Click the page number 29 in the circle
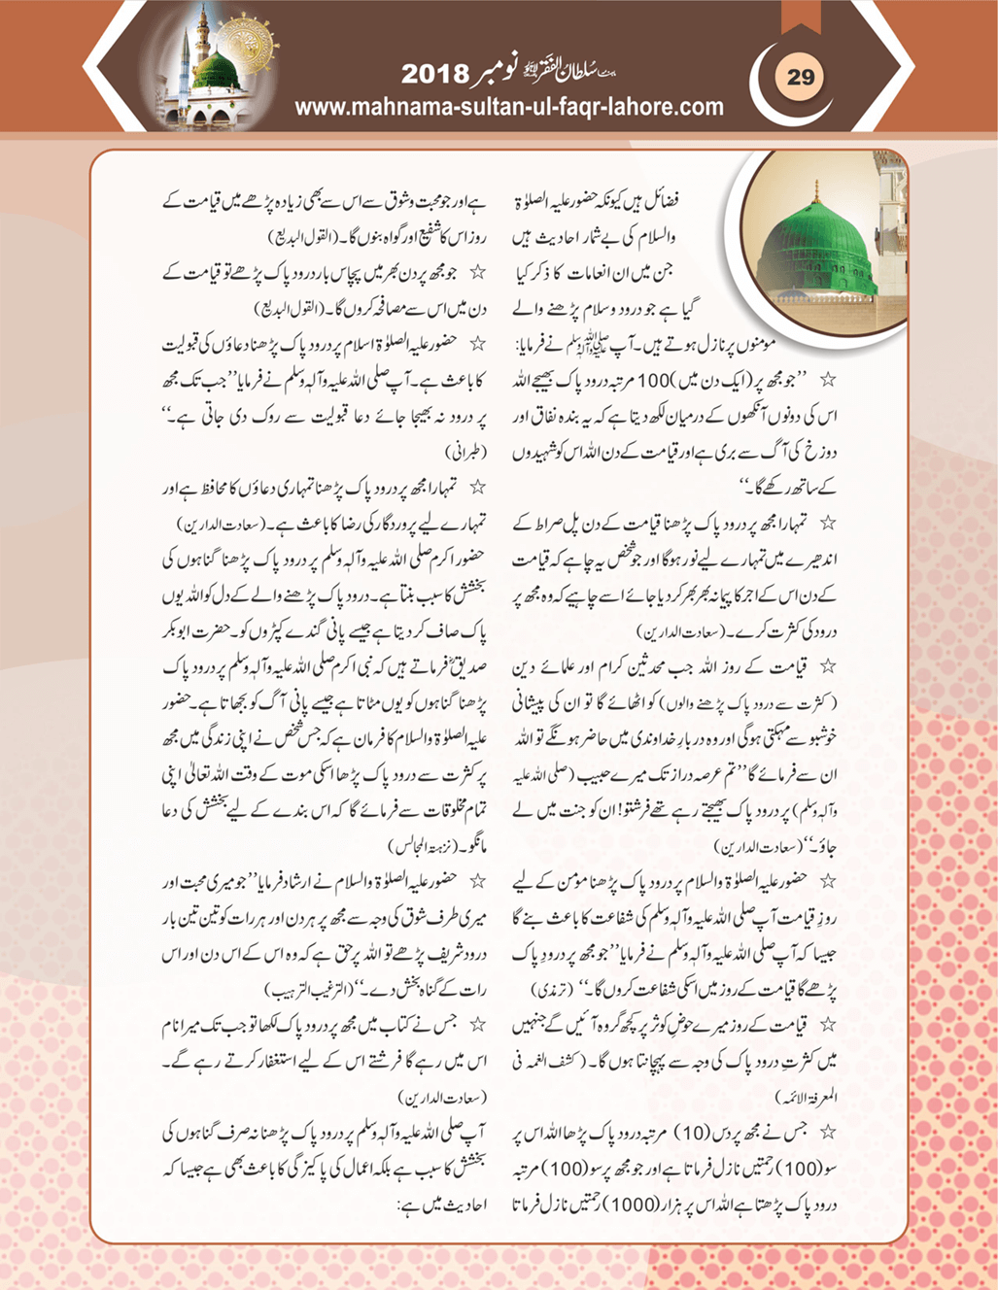[801, 77]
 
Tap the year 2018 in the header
[434, 75]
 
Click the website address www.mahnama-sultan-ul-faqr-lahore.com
[508, 107]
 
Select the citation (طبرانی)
[465, 452]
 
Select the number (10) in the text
[695, 1133]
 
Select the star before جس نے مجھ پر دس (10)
[828, 1133]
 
